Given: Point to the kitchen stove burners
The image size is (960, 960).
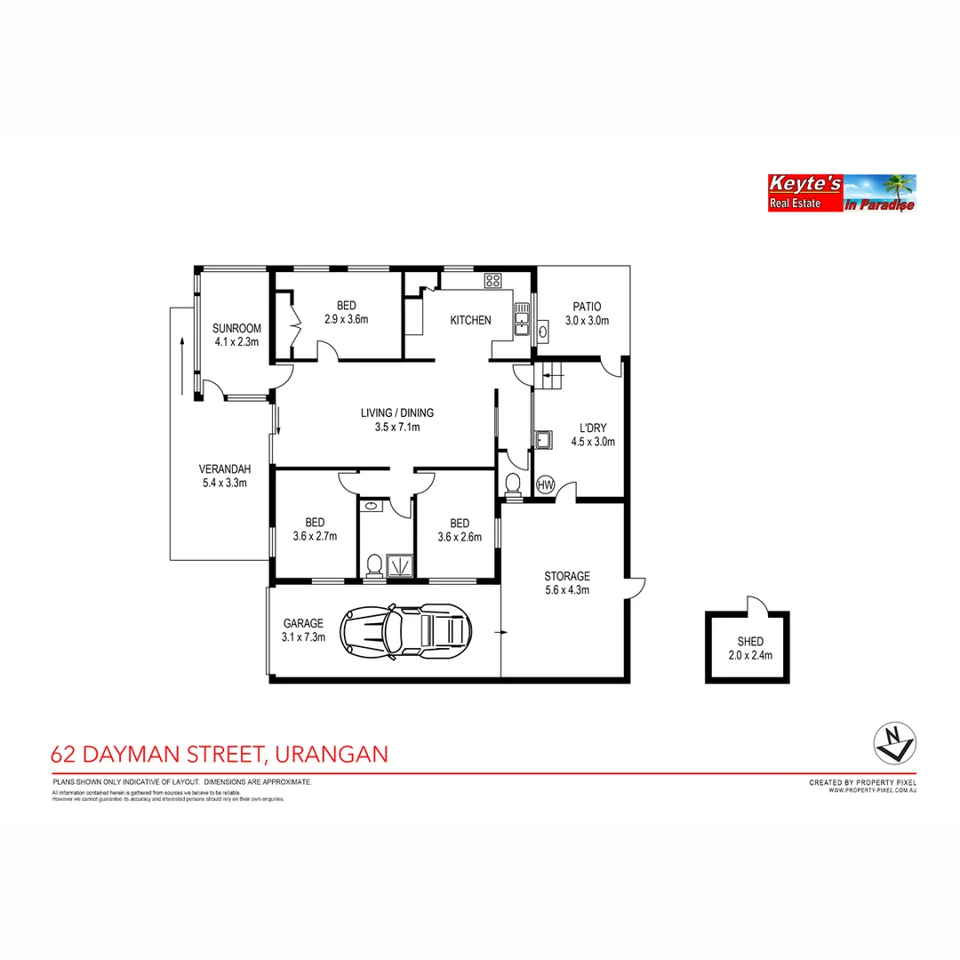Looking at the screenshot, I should coord(492,280).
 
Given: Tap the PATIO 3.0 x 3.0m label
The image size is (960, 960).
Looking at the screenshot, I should coord(587,314).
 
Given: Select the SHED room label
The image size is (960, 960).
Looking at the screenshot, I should coord(749,648).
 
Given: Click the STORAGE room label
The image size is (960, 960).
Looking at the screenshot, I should coord(567,582).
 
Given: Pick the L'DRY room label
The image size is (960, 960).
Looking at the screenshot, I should coord(593,434).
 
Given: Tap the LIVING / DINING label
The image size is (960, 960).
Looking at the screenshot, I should coord(396,420).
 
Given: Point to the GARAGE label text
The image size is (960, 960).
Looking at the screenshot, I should coord(303,629).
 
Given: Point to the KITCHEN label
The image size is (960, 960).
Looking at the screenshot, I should coord(470,320).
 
